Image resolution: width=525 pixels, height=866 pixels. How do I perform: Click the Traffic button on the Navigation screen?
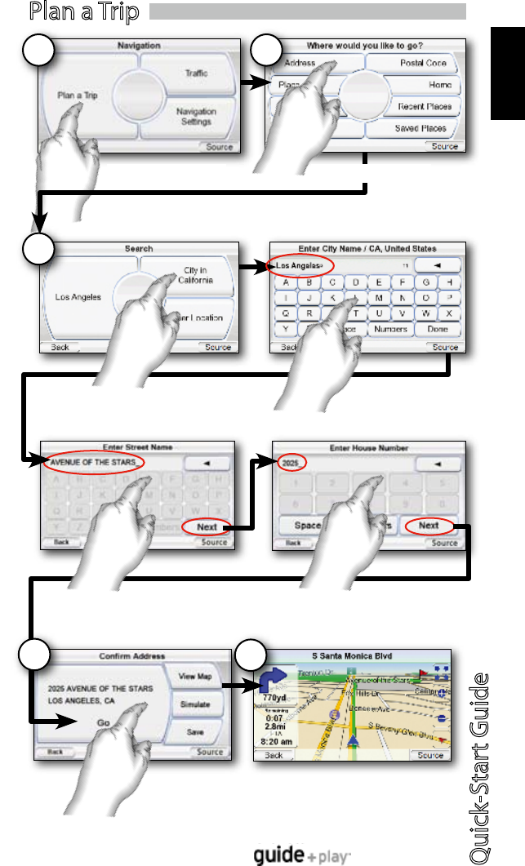point(196,73)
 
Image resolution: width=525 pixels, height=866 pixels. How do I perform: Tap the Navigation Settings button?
point(196,117)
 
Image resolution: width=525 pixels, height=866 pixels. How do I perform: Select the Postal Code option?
point(423,63)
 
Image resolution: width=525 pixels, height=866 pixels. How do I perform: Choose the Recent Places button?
point(425,107)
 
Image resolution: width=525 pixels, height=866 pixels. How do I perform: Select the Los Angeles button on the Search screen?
point(78,297)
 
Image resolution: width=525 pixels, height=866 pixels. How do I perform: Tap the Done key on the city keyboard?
point(437,329)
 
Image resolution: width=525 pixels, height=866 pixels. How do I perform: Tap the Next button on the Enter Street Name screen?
point(207,527)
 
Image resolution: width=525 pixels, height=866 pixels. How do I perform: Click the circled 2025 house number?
point(290,463)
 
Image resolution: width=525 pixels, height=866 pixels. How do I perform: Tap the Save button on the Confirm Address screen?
point(194,732)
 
